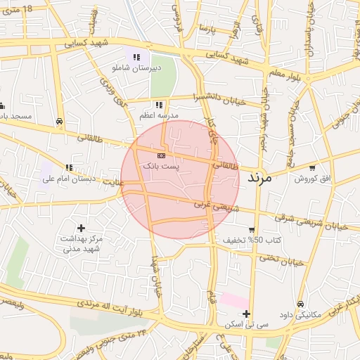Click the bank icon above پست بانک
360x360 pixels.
tap(161, 154)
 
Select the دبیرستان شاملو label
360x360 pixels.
tap(136, 68)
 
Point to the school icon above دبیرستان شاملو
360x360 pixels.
tap(136, 57)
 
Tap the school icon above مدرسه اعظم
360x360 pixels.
tap(159, 104)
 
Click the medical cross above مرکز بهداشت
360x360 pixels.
tap(82, 227)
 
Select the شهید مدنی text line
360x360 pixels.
tap(82, 249)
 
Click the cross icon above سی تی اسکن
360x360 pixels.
tap(246, 314)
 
